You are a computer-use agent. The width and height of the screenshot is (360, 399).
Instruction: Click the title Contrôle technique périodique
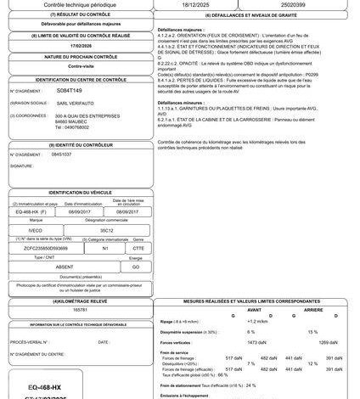[76, 5]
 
